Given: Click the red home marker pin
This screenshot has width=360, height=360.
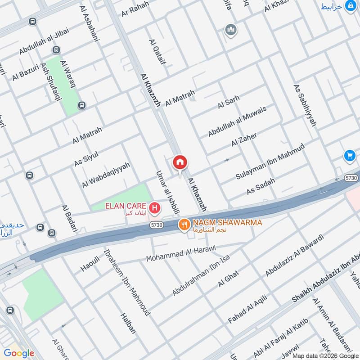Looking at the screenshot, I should (180, 162).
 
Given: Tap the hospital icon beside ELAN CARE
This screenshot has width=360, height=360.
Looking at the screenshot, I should (155, 208).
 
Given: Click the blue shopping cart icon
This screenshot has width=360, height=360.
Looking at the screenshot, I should (349, 156).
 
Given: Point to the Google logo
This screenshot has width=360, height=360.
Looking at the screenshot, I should (19, 353).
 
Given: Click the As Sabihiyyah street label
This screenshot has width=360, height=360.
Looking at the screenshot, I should (305, 105).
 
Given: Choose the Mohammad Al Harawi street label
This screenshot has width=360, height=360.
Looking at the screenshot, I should (181, 253).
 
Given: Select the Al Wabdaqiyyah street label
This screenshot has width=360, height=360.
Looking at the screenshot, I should (106, 175).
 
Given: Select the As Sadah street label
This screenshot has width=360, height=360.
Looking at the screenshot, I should (261, 186).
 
